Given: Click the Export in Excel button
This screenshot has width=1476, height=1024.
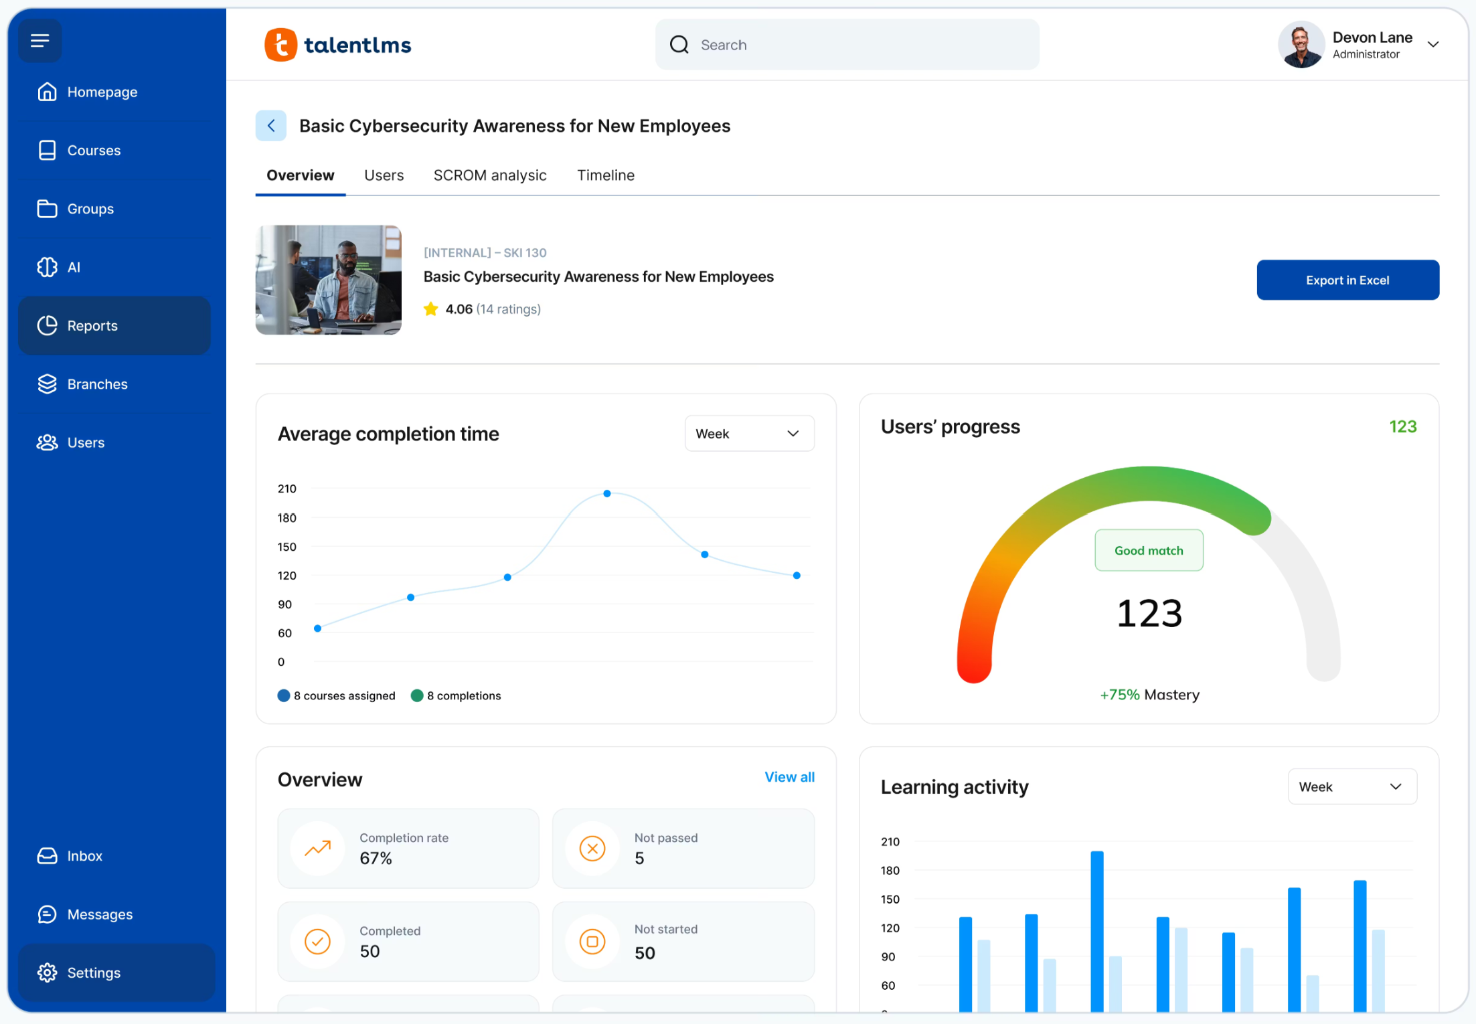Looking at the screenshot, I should coord(1347,280).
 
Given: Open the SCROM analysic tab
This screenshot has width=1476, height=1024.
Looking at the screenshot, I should coord(489,175).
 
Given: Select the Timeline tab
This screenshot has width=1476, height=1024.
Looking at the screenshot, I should coord(605,175).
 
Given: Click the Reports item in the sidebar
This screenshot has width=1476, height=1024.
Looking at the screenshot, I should coord(114,326).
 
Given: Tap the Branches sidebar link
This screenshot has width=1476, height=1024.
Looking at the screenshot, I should coord(97,384).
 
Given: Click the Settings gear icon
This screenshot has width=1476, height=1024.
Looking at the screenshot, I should coord(47,972).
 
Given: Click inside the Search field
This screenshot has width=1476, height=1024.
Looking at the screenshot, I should coord(857,45).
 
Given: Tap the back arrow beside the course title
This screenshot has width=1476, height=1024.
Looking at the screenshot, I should coord(271,126).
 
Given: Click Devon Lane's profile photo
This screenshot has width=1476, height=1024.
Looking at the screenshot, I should coord(1300,45).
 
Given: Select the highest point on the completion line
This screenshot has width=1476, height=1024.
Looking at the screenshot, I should coord(606,494).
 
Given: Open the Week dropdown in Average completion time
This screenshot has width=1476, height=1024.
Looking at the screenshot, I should coord(748,434).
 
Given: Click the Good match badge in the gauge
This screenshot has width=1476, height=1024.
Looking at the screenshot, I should coord(1148,550).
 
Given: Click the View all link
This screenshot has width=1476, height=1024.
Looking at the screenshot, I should coord(789,777).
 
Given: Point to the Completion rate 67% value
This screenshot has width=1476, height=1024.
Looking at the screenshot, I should coord(376,858).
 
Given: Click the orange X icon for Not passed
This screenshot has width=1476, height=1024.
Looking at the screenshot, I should coord(592,849).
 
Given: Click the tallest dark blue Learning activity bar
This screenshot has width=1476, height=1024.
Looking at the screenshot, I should coord(1096,930).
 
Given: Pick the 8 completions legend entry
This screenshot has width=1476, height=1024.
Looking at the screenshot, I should coord(456,696).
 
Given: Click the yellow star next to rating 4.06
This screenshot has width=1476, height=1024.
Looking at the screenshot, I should coord(430,309).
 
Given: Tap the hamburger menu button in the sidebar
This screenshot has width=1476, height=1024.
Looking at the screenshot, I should coord(40,41).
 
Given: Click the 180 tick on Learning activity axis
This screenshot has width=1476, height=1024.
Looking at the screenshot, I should coord(890,871).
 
